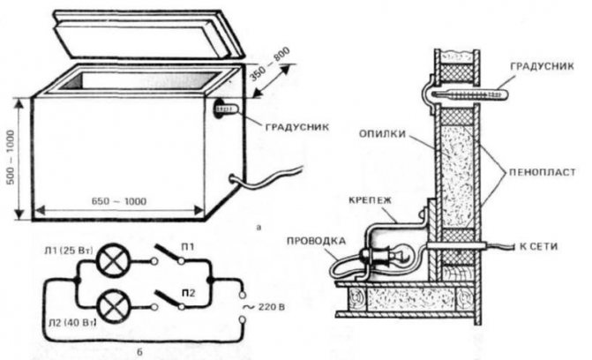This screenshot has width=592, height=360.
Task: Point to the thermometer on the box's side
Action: pos(221,111)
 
